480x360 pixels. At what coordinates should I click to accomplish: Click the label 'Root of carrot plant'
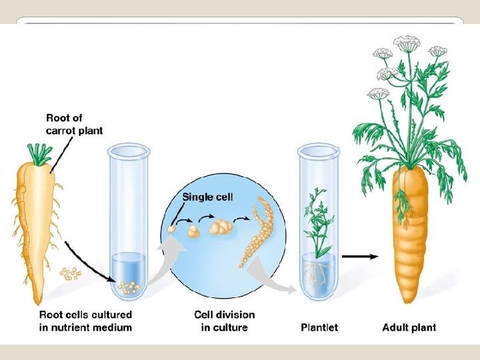click(x=74, y=125)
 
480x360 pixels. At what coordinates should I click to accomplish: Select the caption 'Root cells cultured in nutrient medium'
click(x=85, y=321)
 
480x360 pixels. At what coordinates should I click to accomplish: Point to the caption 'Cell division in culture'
click(x=224, y=321)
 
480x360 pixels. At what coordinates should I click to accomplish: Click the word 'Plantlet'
click(x=319, y=327)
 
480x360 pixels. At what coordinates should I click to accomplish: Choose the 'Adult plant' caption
click(x=409, y=327)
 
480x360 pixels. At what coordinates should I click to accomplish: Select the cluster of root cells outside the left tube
click(x=69, y=273)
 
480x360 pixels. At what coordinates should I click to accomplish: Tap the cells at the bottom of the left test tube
click(x=129, y=287)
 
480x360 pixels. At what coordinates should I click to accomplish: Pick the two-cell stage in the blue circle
click(x=193, y=231)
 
